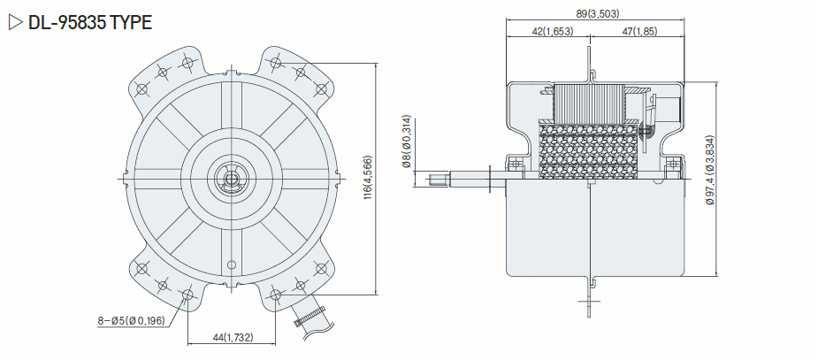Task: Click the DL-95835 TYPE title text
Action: point(89,22)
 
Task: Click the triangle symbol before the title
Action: point(16,22)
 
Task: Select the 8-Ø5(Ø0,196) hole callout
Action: point(131,321)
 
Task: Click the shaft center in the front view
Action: point(230,179)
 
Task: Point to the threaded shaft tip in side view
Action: point(440,180)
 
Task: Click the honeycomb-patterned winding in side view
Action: point(587,150)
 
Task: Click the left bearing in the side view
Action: point(516,164)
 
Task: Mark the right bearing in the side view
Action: point(674,164)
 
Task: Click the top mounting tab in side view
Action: point(590,65)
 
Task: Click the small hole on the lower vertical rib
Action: point(231,264)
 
